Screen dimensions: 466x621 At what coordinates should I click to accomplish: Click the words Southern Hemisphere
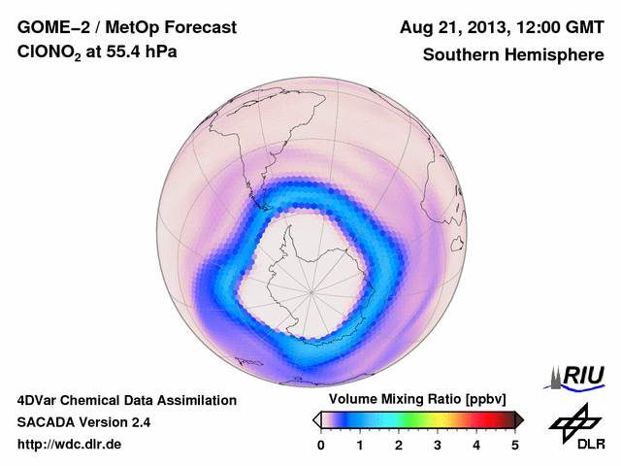(512, 55)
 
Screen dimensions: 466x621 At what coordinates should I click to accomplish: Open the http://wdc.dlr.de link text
(70, 445)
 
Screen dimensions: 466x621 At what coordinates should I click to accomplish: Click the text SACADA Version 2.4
(83, 422)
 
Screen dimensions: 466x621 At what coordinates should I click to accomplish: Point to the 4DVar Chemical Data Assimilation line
(126, 400)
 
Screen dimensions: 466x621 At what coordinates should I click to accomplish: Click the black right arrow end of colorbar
(519, 418)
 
